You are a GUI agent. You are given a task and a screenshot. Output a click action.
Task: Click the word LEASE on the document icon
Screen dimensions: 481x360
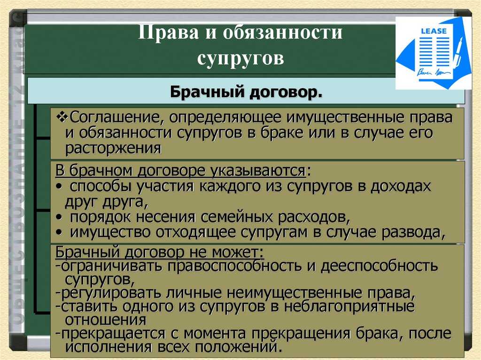pos(434,31)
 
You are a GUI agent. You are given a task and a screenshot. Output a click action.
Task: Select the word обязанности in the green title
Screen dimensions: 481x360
pos(282,32)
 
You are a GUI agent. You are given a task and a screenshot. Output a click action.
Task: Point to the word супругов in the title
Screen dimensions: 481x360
pos(240,57)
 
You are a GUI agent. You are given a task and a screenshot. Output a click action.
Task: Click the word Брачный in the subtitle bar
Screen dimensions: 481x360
pos(207,92)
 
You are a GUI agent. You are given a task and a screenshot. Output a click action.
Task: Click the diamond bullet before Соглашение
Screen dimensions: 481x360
pos(62,118)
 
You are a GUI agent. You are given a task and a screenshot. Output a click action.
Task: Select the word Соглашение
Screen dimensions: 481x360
pos(116,117)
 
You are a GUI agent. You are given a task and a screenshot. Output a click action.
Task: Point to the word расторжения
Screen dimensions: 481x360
pos(113,148)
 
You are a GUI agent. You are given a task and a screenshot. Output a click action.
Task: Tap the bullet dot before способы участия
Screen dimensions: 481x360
pos(59,187)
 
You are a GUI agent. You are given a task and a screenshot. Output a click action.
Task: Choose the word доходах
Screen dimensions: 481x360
pos(401,186)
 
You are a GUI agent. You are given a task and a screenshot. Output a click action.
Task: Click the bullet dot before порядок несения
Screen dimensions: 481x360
pos(59,217)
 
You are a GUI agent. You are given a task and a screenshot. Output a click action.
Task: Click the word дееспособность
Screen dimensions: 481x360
pos(379,266)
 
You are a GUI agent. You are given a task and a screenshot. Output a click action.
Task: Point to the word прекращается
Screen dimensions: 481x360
pos(111,333)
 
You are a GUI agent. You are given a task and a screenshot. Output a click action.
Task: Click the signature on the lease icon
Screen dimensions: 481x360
pos(433,73)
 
